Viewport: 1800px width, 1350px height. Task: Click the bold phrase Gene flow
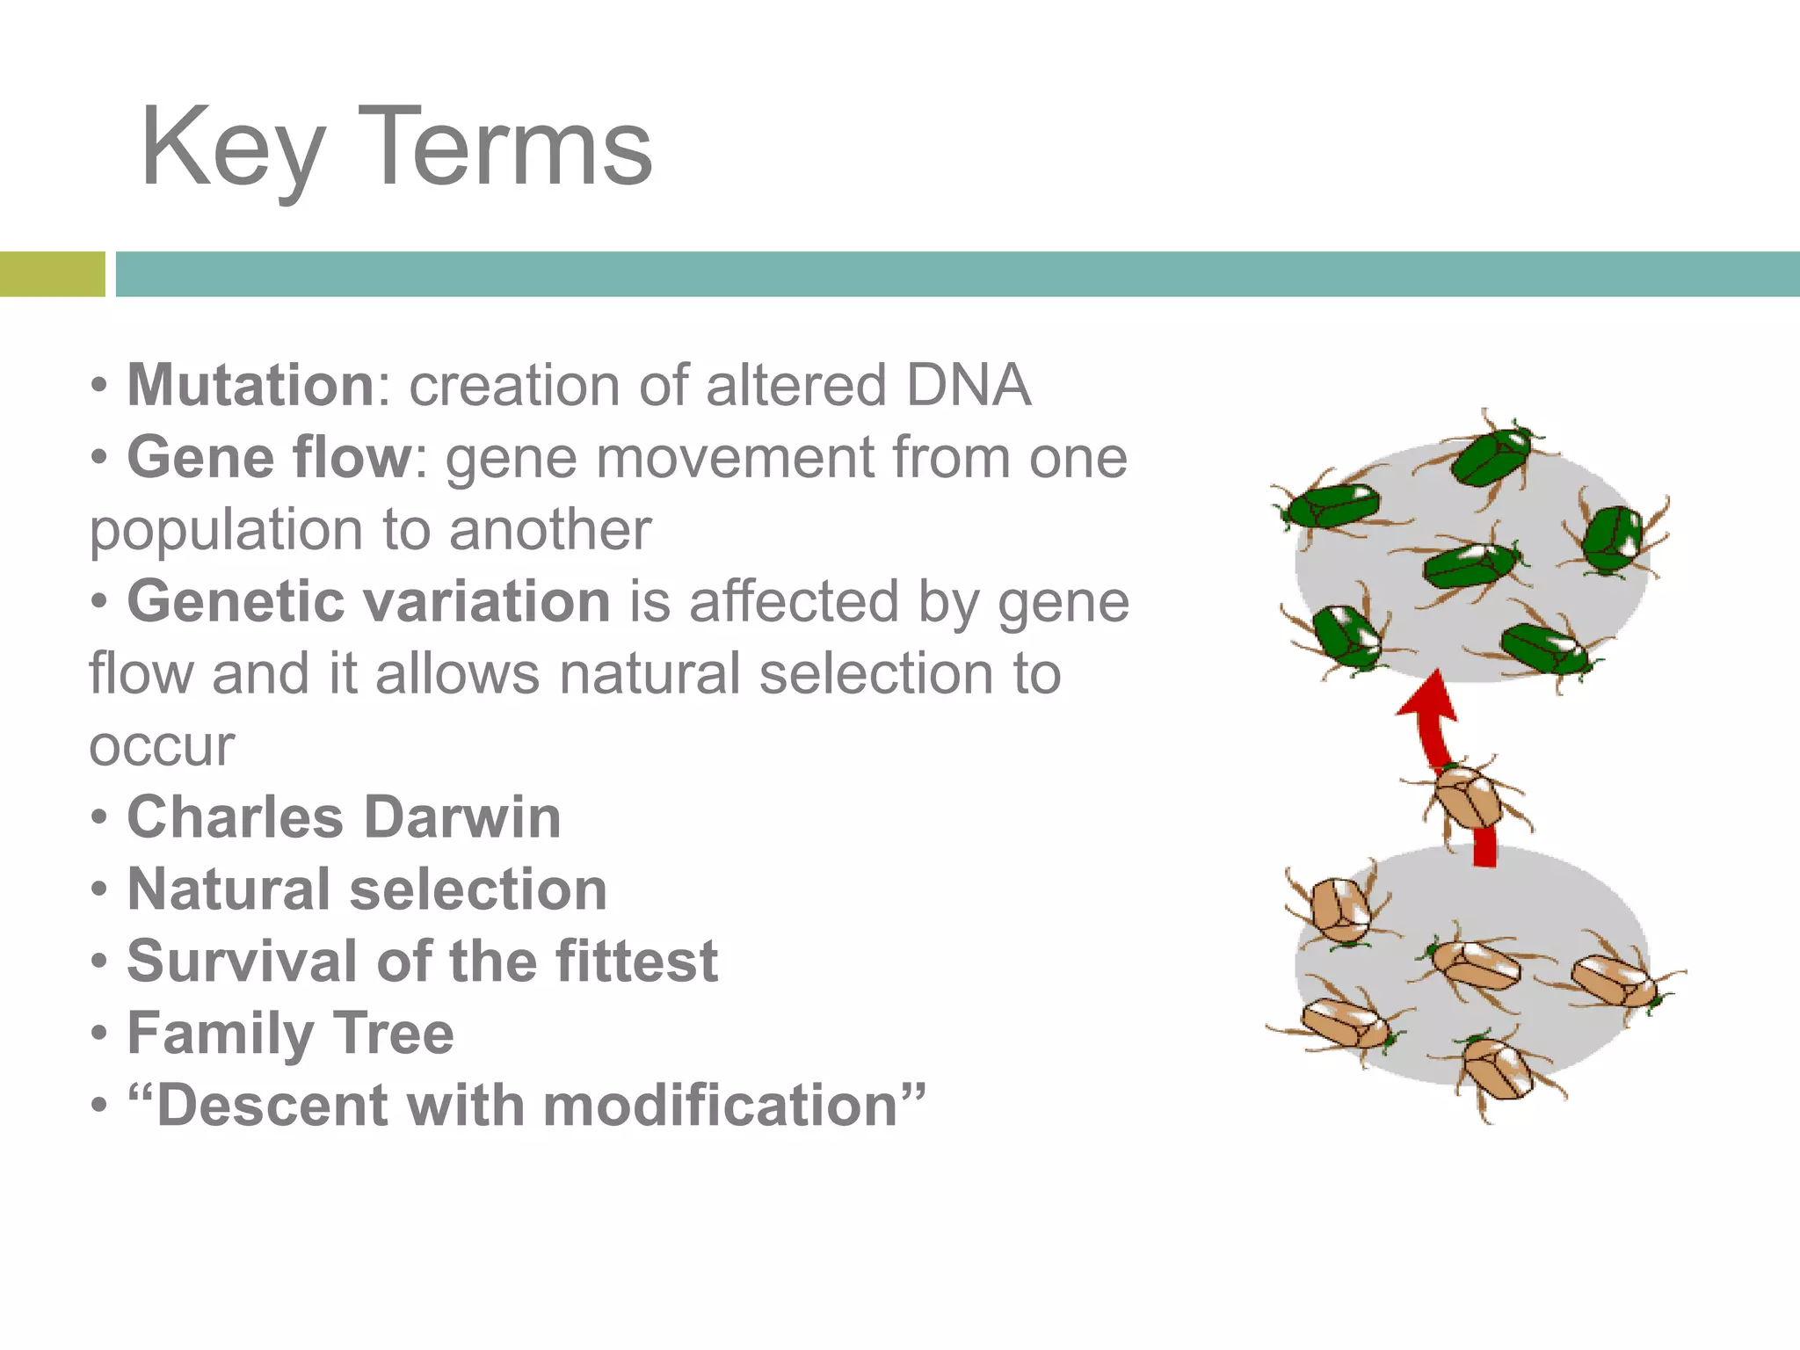[x=269, y=458]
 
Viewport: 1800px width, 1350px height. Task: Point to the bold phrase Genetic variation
[x=368, y=602]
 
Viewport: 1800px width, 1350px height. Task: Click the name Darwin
[x=462, y=817]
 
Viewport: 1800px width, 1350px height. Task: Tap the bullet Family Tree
[x=290, y=1033]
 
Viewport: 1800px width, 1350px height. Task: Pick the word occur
[x=162, y=746]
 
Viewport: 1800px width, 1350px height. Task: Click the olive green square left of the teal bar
[x=52, y=274]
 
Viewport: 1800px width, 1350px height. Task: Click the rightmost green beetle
[x=1613, y=538]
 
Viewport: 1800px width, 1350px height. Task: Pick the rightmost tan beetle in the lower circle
[x=1614, y=982]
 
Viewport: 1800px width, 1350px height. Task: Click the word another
[x=550, y=530]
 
